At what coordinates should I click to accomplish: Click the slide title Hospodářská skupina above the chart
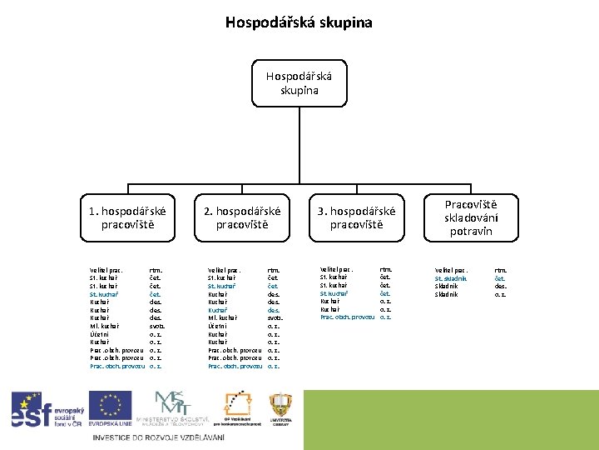(299, 22)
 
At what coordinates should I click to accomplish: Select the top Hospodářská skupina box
(299, 83)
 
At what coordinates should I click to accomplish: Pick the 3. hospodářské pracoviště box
(355, 217)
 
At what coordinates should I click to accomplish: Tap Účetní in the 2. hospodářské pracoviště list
(217, 326)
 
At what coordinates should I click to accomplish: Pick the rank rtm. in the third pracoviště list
(385, 269)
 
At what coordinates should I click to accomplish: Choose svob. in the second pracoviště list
(275, 318)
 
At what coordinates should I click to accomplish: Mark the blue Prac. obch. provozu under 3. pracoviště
(344, 317)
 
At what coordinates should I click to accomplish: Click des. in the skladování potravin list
(500, 286)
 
